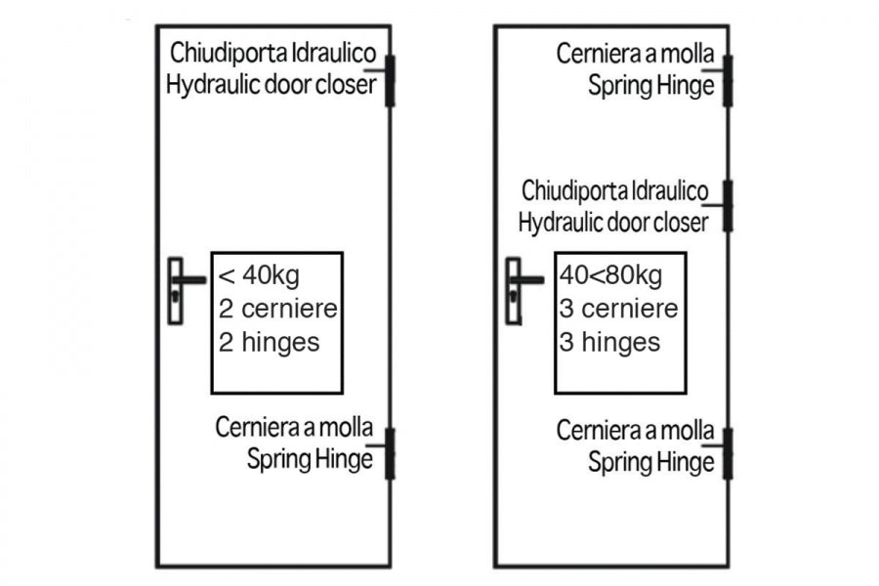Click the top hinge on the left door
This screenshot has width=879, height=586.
[x=390, y=81]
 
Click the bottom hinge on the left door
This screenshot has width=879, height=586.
[x=390, y=453]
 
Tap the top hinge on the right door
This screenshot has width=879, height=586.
[x=728, y=81]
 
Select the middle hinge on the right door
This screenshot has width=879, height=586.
[x=728, y=206]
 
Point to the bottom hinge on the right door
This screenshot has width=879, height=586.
[x=728, y=453]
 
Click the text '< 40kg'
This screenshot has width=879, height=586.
[x=259, y=275]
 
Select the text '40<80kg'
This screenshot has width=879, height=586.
[x=611, y=275]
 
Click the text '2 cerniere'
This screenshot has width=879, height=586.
[x=278, y=309]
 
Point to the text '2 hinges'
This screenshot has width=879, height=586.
[x=270, y=342]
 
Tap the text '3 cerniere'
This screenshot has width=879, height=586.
[x=619, y=309]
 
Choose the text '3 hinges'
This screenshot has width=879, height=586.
[x=609, y=342]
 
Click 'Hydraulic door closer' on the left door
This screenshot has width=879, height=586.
[x=272, y=85]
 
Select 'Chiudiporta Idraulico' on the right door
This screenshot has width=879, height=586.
[x=615, y=190]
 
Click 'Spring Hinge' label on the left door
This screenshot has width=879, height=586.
[x=310, y=459]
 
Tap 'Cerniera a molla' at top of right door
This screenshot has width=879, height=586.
[x=636, y=54]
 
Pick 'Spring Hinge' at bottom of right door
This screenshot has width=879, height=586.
[x=651, y=462]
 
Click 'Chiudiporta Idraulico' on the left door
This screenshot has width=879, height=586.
[x=273, y=53]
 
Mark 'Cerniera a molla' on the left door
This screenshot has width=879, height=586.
[x=294, y=428]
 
